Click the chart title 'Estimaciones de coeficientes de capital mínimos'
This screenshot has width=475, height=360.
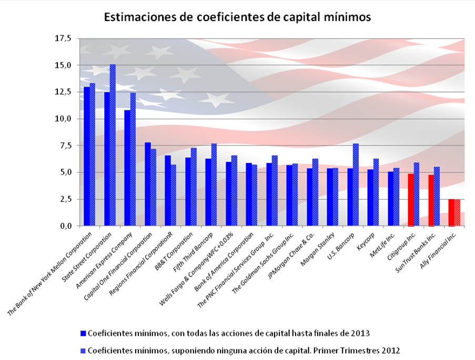click(238, 17)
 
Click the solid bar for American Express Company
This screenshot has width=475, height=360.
click(127, 168)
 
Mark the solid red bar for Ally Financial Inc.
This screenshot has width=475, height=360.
click(451, 212)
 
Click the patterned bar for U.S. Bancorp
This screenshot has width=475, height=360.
click(356, 184)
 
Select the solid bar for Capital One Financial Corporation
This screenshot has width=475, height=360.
click(147, 184)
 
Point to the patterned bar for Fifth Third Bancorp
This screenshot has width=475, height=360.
click(214, 184)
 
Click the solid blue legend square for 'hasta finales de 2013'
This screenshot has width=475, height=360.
click(83, 333)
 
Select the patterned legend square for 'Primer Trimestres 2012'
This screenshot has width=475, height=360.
click(83, 349)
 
